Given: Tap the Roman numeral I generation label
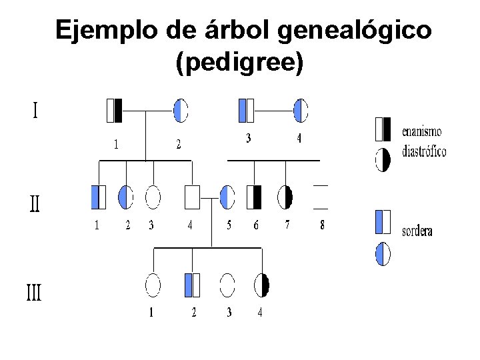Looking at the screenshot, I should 35,110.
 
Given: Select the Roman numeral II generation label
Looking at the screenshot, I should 35,203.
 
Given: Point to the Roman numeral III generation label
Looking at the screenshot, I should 33,292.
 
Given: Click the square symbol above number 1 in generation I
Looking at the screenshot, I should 115,111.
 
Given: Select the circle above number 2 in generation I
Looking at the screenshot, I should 181,110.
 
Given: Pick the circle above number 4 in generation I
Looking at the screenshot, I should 301,110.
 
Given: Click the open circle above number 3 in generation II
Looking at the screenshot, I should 153,197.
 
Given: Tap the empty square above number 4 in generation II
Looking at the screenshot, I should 192,197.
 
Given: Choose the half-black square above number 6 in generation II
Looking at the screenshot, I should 254,197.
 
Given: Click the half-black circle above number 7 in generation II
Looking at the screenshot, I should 285,197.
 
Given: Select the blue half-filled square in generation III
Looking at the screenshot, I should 192,285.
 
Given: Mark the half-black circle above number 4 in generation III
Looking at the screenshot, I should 261,285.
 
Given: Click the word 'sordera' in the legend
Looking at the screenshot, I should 417,231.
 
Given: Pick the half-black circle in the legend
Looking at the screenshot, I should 383,160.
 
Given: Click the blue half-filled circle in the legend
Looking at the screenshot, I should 383,254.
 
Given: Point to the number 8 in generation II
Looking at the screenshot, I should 322,225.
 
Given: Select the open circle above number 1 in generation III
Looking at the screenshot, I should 153,285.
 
